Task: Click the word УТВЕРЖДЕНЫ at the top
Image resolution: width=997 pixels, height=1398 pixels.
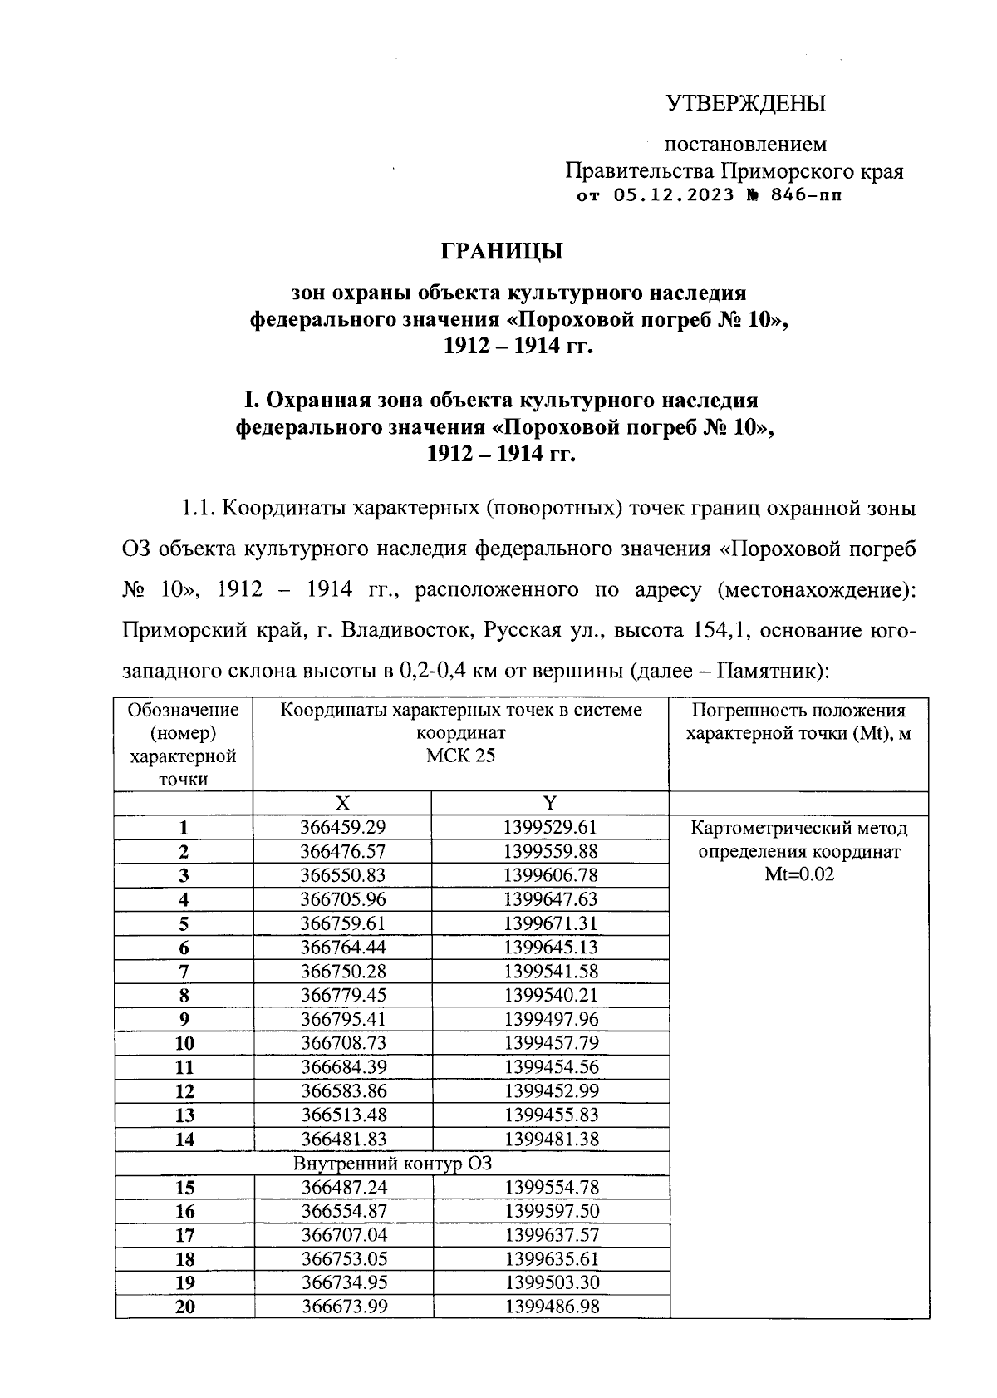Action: click(746, 104)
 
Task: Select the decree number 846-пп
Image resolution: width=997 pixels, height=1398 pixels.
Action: click(805, 196)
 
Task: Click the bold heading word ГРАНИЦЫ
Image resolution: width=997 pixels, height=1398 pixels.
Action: click(501, 251)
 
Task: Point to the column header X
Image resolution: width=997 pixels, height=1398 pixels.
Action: click(342, 803)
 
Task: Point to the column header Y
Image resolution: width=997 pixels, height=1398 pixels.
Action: click(550, 803)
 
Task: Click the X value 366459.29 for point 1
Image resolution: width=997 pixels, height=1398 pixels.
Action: click(342, 827)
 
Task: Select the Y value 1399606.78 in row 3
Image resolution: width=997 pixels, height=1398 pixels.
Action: click(550, 875)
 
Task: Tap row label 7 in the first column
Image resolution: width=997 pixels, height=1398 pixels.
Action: click(184, 972)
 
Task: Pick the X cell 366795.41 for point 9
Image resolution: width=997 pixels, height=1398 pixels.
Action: click(342, 1019)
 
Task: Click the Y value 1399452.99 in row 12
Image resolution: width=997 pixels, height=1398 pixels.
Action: click(550, 1090)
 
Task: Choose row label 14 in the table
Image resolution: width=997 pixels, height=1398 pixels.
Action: click(184, 1140)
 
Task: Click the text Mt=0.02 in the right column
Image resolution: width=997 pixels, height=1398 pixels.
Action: click(799, 874)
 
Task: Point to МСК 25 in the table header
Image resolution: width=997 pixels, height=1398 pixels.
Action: click(460, 756)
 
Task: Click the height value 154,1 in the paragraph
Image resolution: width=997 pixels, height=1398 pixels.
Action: click(717, 630)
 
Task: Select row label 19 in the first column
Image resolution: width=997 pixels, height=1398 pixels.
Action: click(185, 1283)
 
